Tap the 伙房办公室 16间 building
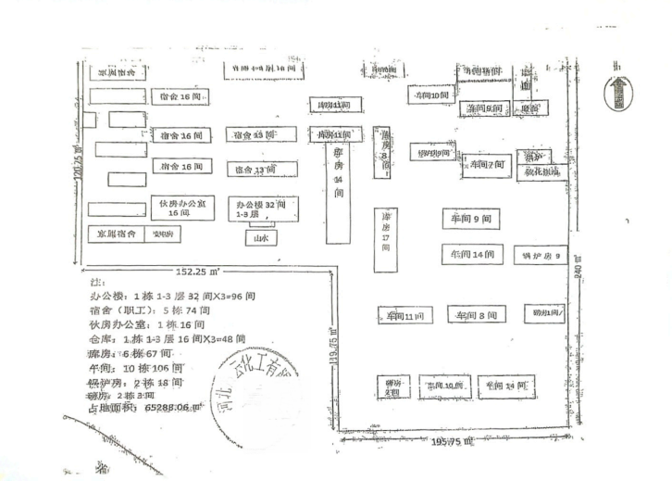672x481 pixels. coord(182,207)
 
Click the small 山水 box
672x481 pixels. coord(261,238)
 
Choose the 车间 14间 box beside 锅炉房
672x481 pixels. coord(472,253)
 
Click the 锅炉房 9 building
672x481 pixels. coord(541,254)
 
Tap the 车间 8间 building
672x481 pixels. coord(476,315)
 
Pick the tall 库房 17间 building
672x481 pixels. coord(385,239)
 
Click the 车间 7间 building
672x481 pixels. coord(486,165)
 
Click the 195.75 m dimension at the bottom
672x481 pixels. coord(453,442)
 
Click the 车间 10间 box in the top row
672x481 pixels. coord(431,95)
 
